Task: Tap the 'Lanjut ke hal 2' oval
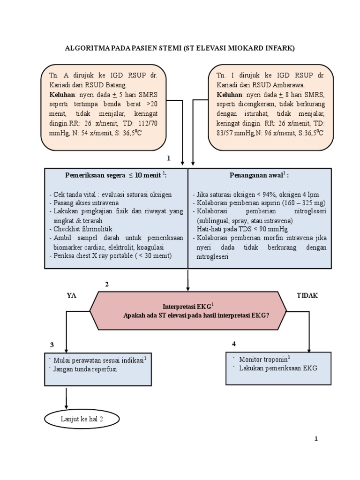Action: click(82, 419)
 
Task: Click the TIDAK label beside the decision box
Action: click(307, 295)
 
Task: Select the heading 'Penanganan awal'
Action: click(259, 175)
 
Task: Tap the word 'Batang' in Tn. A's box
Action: click(116, 85)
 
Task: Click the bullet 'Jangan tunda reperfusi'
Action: click(85, 369)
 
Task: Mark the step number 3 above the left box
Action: click(52, 345)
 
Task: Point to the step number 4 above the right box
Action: click(234, 344)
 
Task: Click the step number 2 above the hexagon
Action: click(107, 285)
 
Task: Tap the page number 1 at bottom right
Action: click(316, 439)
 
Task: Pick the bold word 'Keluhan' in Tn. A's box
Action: click(60, 94)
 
